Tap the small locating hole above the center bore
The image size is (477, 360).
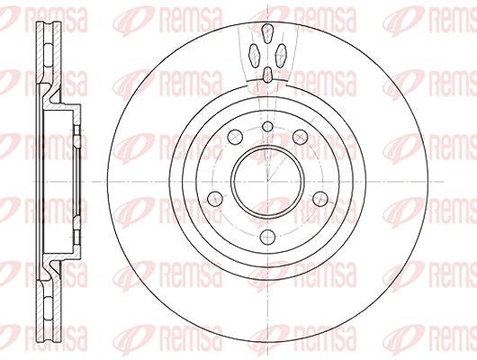267,127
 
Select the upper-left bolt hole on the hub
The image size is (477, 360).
236,137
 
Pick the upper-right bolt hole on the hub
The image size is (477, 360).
301,137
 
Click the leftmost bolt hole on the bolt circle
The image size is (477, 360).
215,199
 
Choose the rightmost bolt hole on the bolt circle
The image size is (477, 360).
320,199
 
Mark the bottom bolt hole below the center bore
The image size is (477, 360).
267,237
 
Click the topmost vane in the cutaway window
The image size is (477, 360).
267,33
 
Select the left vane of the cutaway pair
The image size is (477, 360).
254,55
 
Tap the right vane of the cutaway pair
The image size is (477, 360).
281,55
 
